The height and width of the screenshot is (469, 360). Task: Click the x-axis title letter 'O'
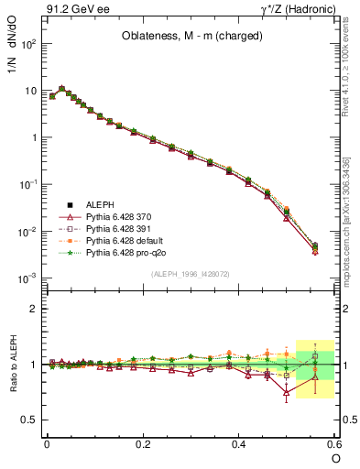pos(336,458)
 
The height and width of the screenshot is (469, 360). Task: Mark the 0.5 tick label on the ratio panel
pos(29,420)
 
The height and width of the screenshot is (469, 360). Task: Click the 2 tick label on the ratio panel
pos(33,309)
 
